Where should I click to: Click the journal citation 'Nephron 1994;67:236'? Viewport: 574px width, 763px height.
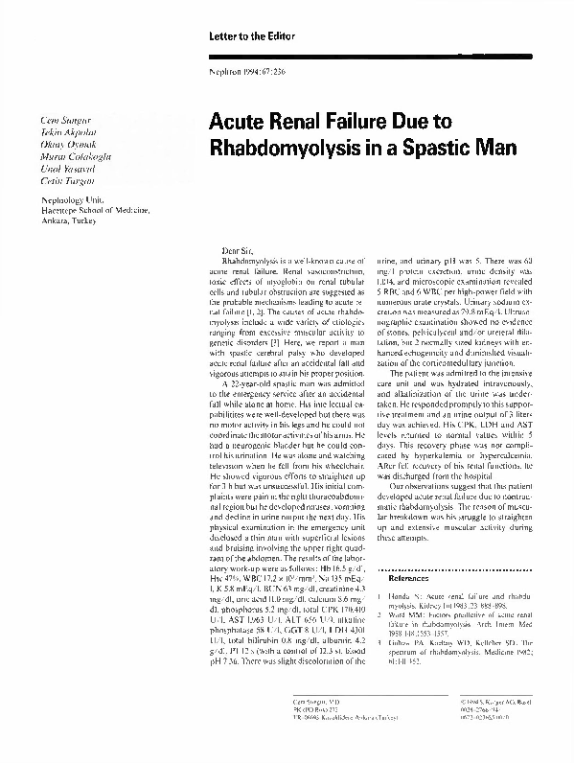point(242,75)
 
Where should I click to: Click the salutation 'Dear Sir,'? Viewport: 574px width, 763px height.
point(238,249)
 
